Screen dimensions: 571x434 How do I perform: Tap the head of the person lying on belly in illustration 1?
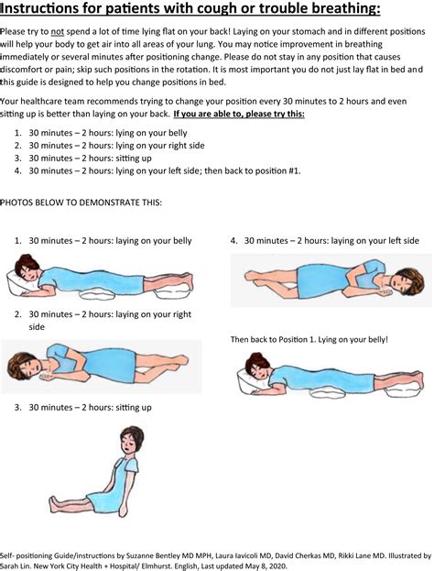26,271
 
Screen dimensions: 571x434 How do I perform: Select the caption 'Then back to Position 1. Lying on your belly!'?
309,339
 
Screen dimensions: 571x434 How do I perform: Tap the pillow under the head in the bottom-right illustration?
250,379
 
